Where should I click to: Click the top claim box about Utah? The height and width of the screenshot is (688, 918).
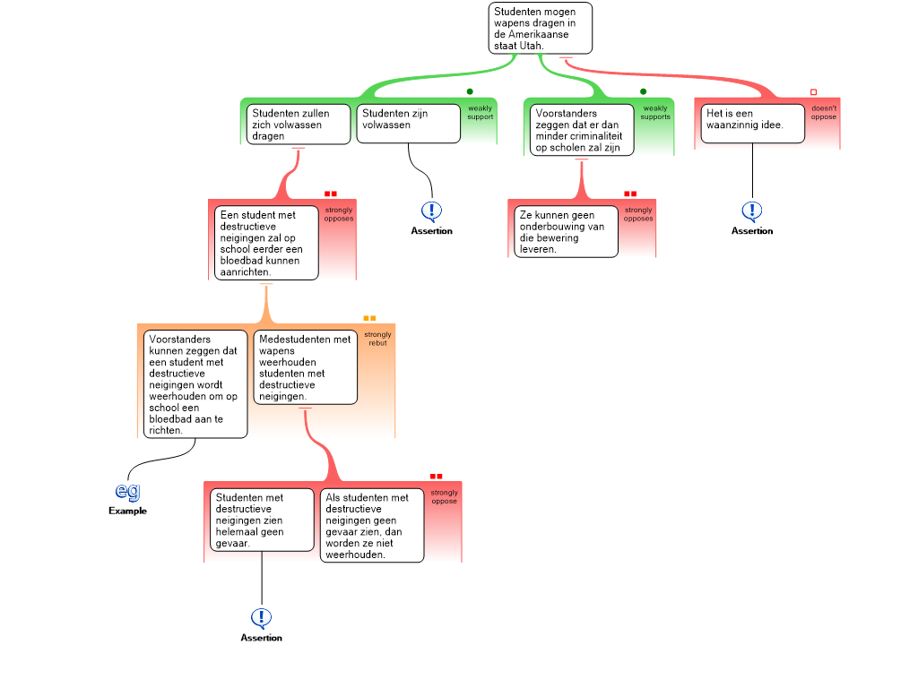click(x=541, y=28)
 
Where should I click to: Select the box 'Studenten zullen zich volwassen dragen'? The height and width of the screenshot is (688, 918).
click(x=298, y=125)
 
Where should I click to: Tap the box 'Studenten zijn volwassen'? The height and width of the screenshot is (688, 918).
click(x=409, y=124)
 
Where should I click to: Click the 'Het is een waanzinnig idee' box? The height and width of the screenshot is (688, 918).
click(x=752, y=124)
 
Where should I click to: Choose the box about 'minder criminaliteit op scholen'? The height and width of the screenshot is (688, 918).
click(x=581, y=130)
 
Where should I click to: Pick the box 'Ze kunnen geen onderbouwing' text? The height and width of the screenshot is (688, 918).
click(x=567, y=231)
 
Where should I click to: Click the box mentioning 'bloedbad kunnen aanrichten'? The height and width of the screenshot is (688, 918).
click(x=266, y=243)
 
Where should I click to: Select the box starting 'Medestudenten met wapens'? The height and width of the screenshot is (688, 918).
click(x=305, y=367)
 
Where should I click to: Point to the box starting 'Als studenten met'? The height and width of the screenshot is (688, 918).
click(x=371, y=525)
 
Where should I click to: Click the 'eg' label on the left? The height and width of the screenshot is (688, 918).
click(x=128, y=491)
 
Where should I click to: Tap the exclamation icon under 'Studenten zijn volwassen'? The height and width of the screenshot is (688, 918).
click(x=431, y=211)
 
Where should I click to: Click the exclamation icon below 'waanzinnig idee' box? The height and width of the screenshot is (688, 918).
click(x=751, y=211)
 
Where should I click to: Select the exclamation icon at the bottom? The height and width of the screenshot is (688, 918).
click(x=261, y=618)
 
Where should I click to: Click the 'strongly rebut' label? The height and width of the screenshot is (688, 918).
click(x=377, y=339)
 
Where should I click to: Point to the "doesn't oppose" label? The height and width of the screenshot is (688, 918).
click(x=824, y=112)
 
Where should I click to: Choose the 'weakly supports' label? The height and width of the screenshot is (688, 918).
click(x=655, y=112)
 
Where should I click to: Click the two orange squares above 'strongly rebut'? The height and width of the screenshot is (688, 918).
click(x=369, y=318)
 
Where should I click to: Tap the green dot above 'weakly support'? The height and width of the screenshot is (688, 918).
click(x=470, y=91)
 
